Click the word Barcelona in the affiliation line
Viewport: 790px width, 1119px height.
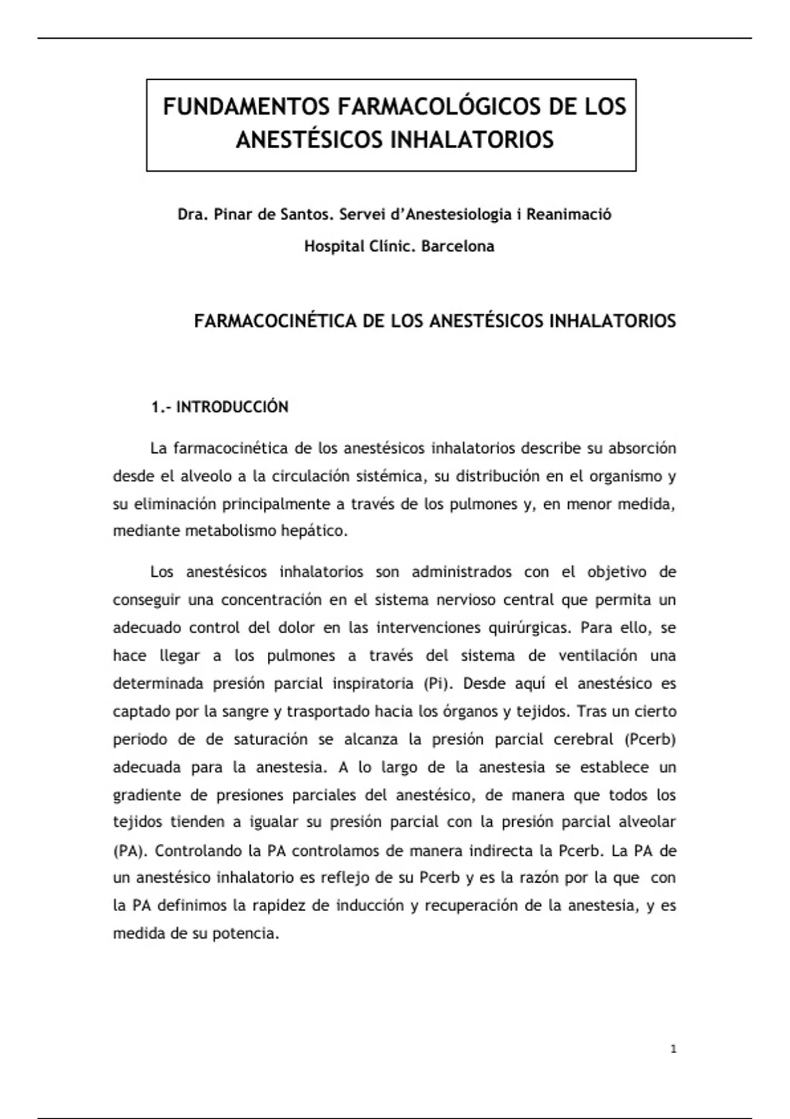pyautogui.click(x=458, y=246)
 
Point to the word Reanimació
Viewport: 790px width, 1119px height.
pyautogui.click(x=569, y=215)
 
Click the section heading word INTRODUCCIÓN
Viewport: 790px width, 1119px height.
pyautogui.click(x=232, y=407)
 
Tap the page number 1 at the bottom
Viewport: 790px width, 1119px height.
pyautogui.click(x=673, y=1049)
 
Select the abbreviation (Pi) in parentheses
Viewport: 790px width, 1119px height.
pyautogui.click(x=438, y=683)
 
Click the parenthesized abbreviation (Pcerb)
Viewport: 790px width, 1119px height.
pyautogui.click(x=650, y=739)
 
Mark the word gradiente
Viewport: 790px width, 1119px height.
pyautogui.click(x=146, y=795)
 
